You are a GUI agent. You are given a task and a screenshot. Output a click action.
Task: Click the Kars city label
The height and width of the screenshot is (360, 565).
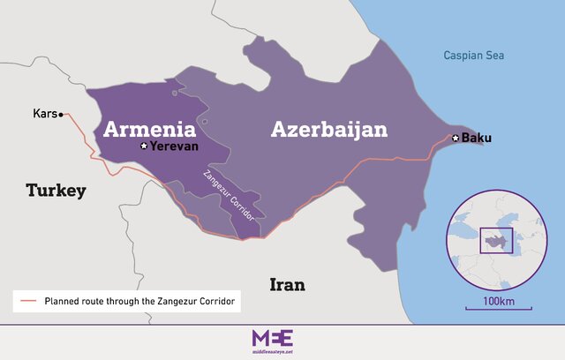44,114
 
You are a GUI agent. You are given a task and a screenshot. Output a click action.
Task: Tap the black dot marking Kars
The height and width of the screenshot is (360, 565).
61,115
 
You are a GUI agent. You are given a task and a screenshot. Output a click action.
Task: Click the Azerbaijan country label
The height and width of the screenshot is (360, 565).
328,130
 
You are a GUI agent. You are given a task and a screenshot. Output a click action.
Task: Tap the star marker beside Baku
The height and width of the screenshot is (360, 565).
456,139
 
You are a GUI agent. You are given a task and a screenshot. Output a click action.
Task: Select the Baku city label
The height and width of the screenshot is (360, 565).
476,139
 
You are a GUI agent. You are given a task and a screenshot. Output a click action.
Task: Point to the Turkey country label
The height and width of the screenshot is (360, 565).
56,191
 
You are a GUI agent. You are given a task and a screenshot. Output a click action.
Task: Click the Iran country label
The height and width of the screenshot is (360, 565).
287,285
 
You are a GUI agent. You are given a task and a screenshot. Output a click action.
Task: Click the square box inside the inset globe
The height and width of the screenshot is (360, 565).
496,240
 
